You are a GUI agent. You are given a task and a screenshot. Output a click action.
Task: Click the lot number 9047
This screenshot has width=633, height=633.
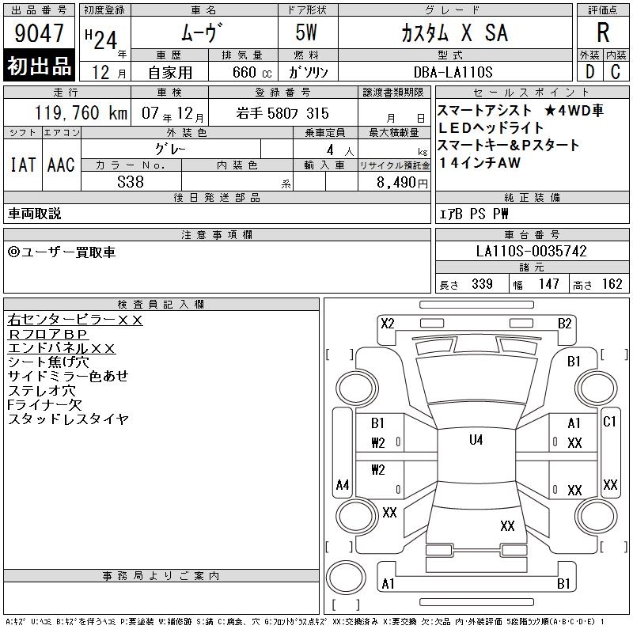[39, 33]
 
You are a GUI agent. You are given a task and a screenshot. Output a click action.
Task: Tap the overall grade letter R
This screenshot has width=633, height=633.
[603, 32]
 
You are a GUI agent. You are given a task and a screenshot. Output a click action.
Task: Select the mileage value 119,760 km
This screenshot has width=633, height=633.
[81, 113]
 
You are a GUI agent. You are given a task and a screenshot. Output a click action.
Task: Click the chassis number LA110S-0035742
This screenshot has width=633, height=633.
[531, 251]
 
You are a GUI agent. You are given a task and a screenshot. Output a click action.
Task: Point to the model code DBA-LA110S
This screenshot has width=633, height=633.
[453, 72]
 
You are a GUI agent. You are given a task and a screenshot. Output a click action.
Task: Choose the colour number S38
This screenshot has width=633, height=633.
[131, 182]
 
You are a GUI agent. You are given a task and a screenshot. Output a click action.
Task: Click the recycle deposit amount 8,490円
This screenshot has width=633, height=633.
[402, 183]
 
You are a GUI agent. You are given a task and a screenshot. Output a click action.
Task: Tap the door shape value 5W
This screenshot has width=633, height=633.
[306, 32]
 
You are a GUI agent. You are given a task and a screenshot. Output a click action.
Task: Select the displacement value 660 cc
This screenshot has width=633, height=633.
[252, 72]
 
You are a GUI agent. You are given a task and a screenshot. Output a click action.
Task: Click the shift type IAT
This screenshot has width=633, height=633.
[23, 165]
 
